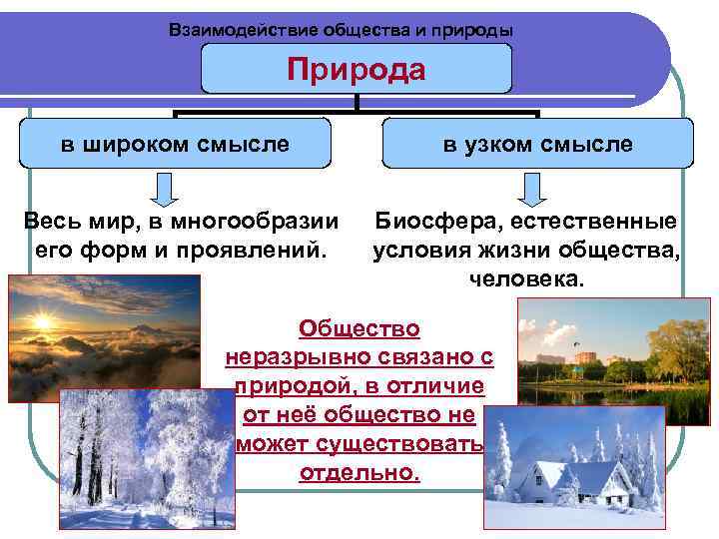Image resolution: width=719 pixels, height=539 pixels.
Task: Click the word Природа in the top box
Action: pos(356,69)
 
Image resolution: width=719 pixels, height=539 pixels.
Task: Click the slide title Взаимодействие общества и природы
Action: pos(342,30)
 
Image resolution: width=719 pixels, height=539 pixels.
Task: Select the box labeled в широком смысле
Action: pos(175,144)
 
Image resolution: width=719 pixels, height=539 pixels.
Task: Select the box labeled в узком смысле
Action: pos(538,144)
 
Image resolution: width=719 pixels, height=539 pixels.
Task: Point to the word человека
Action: pos(525,278)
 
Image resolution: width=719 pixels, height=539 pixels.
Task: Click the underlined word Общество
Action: pos(359,328)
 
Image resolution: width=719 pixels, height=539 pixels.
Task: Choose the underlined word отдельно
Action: pos(359,472)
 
